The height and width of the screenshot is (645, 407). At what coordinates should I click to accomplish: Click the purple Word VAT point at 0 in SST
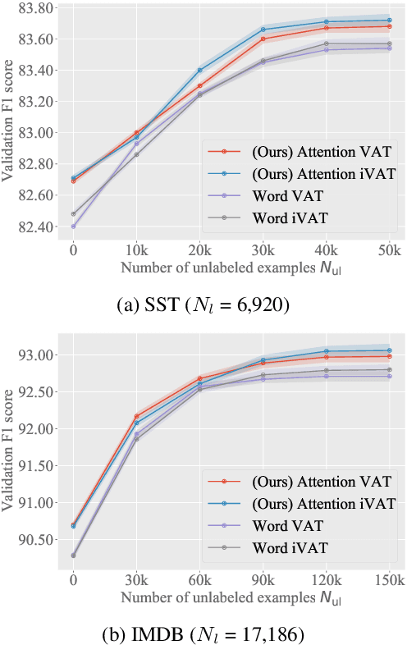click(74, 226)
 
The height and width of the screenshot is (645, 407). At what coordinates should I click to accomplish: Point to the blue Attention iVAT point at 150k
click(389, 350)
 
